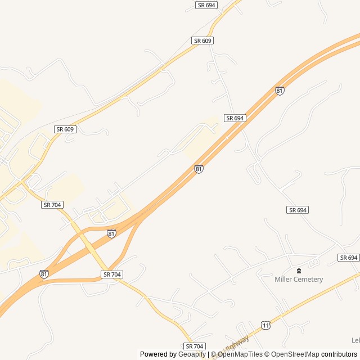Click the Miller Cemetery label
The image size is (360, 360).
pyautogui.click(x=299, y=280)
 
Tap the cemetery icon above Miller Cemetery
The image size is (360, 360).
pyautogui.click(x=299, y=271)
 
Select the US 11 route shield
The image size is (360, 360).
pyautogui.click(x=265, y=325)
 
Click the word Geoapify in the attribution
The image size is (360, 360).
pyautogui.click(x=192, y=354)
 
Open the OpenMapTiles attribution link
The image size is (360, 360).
pyautogui.click(x=240, y=354)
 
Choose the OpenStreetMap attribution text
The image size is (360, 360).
pyautogui.click(x=292, y=354)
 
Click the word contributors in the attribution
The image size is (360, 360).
pyautogui.click(x=339, y=354)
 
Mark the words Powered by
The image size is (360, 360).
pyautogui.click(x=158, y=354)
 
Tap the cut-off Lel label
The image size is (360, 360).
pyautogui.click(x=355, y=340)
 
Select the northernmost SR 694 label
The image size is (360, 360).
pyautogui.click(x=206, y=5)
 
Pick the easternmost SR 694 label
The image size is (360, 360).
pyautogui.click(x=349, y=258)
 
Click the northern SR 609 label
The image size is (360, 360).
pyautogui.click(x=202, y=41)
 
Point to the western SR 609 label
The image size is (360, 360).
pyautogui.click(x=65, y=129)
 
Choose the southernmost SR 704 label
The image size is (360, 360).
pyautogui.click(x=195, y=346)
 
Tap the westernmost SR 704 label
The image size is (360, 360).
pyautogui.click(x=52, y=205)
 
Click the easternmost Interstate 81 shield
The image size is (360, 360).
pyautogui.click(x=280, y=91)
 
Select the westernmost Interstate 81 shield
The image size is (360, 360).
pyautogui.click(x=44, y=274)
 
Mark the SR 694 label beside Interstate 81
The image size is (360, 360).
pyautogui.click(x=235, y=118)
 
